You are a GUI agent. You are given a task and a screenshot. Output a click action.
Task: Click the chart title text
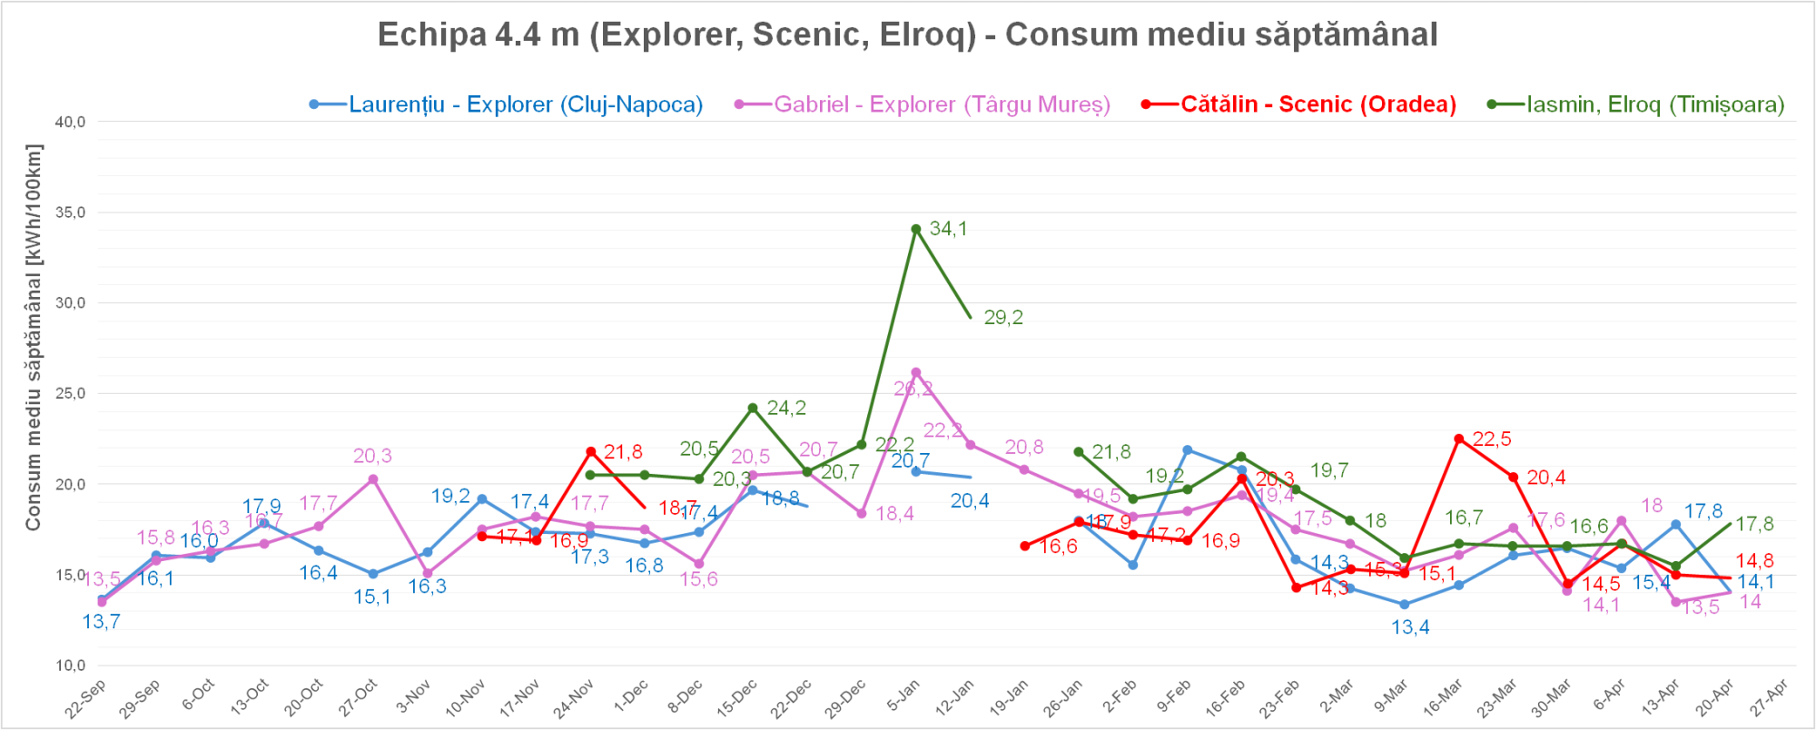[x=907, y=35]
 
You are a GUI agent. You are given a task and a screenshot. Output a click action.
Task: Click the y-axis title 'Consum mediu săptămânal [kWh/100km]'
[x=34, y=337]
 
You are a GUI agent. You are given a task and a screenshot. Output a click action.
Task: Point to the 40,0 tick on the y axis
[x=71, y=122]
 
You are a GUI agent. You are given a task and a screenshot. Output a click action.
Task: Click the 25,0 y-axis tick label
[x=71, y=393]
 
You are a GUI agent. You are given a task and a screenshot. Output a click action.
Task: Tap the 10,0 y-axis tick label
[x=71, y=665]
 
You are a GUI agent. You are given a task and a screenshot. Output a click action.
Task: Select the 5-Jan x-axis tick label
[x=903, y=697]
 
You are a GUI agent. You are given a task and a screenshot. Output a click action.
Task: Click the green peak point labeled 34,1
[x=916, y=229]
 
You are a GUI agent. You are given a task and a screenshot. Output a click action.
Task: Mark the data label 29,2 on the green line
[x=1003, y=318]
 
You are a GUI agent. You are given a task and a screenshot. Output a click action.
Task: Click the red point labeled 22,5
[x=1459, y=439]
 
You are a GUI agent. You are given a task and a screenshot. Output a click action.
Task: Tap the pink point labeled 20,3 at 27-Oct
[x=373, y=479]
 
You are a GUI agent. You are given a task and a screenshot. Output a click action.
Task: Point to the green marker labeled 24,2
[x=753, y=408]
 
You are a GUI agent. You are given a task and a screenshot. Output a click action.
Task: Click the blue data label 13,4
[x=1410, y=627]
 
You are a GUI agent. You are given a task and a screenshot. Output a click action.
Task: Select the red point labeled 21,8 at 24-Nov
[x=591, y=451]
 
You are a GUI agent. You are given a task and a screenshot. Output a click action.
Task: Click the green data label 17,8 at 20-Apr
[x=1754, y=524]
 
